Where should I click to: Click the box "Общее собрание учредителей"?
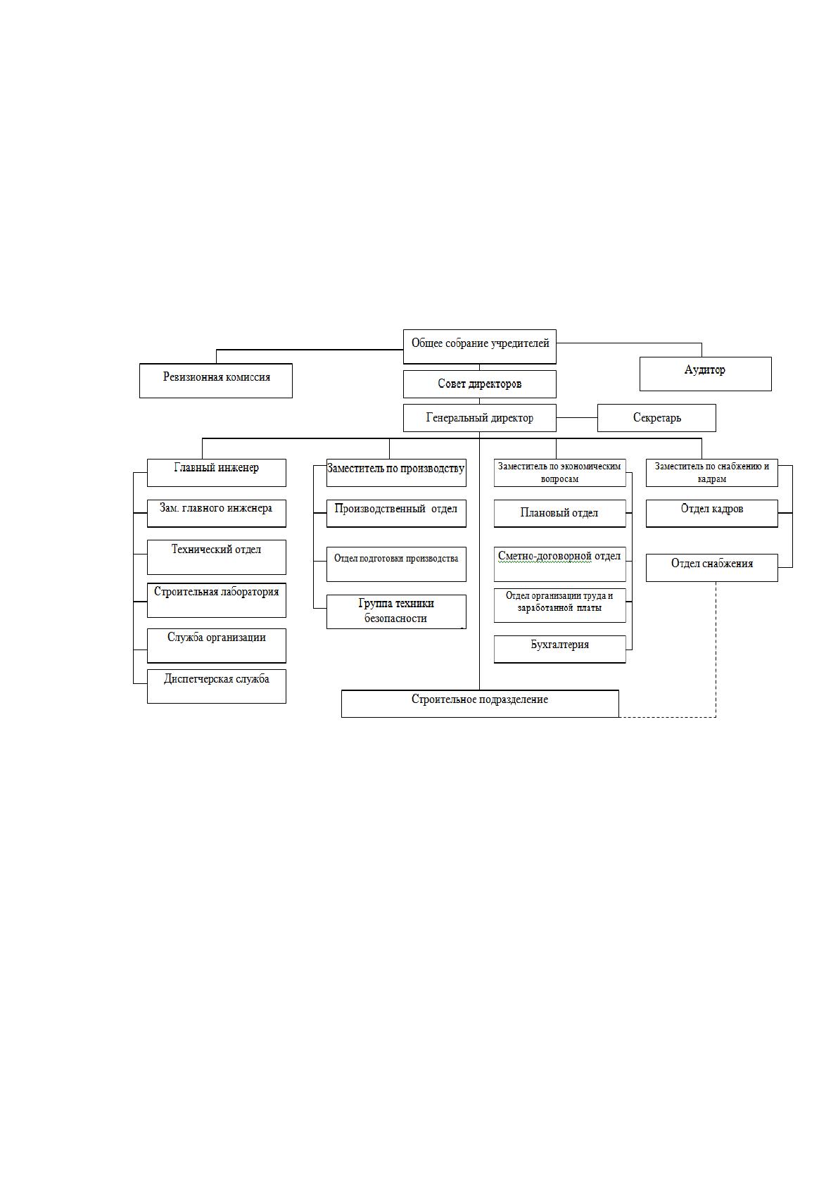click(x=479, y=346)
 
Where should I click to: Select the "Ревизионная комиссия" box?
click(x=216, y=381)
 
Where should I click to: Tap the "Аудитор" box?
click(x=705, y=374)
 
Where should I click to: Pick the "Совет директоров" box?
click(x=479, y=384)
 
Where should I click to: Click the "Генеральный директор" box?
click(x=479, y=418)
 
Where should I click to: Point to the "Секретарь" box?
click(x=656, y=418)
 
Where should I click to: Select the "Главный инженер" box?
click(x=217, y=473)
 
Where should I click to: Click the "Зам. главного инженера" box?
click(x=217, y=513)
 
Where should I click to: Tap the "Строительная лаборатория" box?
click(x=217, y=600)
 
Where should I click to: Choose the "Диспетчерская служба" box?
click(x=217, y=686)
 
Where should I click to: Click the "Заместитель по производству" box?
click(x=396, y=473)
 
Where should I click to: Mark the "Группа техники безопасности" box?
click(x=396, y=611)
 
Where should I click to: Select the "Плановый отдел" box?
click(x=560, y=513)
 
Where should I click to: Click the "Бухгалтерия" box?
click(x=560, y=649)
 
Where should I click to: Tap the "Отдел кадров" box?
click(x=711, y=513)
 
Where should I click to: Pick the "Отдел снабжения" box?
click(x=711, y=568)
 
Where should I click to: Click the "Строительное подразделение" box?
click(x=480, y=704)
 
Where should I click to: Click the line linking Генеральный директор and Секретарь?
click(x=577, y=418)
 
